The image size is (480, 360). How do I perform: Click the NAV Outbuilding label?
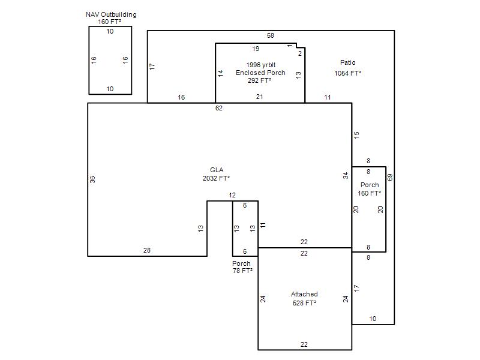[111, 14]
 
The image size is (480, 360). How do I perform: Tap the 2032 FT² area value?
[216, 178]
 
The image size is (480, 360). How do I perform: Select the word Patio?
[348, 62]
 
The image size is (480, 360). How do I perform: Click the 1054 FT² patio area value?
[348, 73]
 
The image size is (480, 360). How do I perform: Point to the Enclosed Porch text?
[260, 73]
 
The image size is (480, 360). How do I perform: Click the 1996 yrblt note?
[261, 65]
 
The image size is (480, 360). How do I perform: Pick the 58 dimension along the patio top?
[271, 35]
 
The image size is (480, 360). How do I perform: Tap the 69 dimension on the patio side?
[390, 177]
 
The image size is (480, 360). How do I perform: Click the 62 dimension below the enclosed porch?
[219, 108]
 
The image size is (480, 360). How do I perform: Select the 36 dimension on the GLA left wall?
[92, 179]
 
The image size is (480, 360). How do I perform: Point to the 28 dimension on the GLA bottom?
[147, 250]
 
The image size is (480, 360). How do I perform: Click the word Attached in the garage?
[304, 294]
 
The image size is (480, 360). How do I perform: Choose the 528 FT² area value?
[304, 303]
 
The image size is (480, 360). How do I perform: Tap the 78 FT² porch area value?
[242, 271]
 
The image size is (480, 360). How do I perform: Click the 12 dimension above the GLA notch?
[232, 196]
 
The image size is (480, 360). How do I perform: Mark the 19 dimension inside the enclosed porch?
[256, 49]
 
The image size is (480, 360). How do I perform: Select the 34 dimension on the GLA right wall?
[346, 176]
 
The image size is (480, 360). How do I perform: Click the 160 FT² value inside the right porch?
[370, 193]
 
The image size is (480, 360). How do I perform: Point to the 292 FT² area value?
[259, 80]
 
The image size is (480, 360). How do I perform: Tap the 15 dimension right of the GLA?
[356, 135]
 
